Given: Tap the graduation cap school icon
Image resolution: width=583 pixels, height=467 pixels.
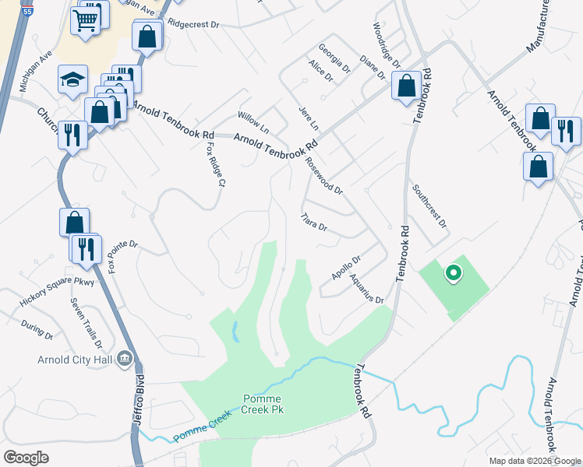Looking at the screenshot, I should [x=72, y=79].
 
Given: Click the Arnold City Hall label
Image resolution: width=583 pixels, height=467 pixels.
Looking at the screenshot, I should [x=75, y=360].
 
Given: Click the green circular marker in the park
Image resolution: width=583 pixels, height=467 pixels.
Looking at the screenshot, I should [x=451, y=273].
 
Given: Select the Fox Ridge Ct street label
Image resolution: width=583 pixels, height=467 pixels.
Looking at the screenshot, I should [x=215, y=162].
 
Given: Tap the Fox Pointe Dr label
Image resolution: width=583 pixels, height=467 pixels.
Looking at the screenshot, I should [x=122, y=255].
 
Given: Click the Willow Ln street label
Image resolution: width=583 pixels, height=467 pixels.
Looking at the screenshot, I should [x=253, y=121].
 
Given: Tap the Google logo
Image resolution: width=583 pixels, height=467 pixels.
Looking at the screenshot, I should [x=26, y=458].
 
